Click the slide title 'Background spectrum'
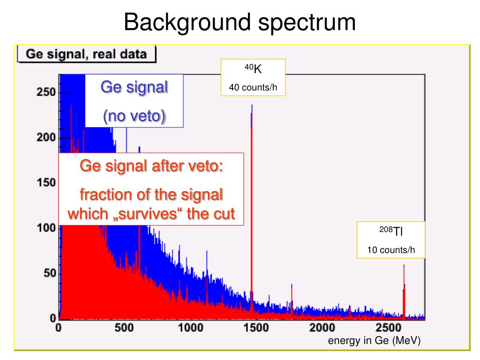240,22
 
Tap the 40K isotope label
253,69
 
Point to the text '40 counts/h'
253,88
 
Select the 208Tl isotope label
391,231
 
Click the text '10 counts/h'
391,250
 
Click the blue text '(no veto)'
134,116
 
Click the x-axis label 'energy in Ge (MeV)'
374,341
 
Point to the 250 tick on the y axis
47,92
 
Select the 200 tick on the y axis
47,138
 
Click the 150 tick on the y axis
47,183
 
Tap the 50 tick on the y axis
50,273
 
